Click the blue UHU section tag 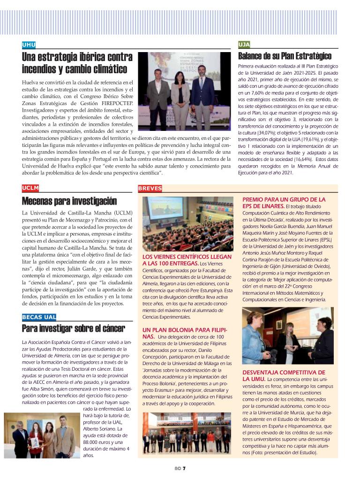click(29, 45)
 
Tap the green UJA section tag click(244, 45)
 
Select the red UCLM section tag click(30, 188)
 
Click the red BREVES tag click(150, 189)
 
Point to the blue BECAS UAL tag click(39, 317)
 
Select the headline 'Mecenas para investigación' click(69, 202)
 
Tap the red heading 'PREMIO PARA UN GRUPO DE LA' click(284, 199)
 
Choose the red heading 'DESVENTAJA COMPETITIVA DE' click(283, 372)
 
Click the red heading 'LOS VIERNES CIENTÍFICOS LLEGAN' click(187, 257)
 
